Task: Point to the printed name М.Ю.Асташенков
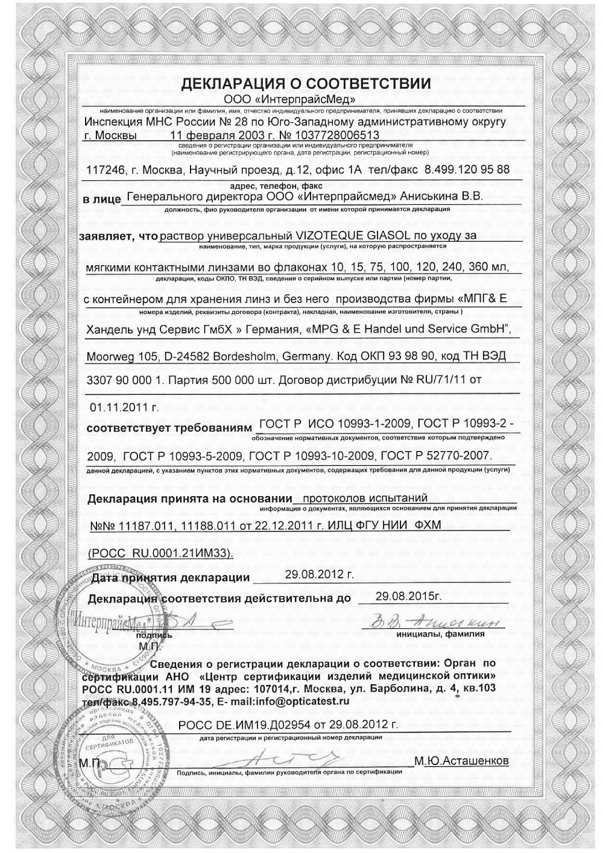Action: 461,761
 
